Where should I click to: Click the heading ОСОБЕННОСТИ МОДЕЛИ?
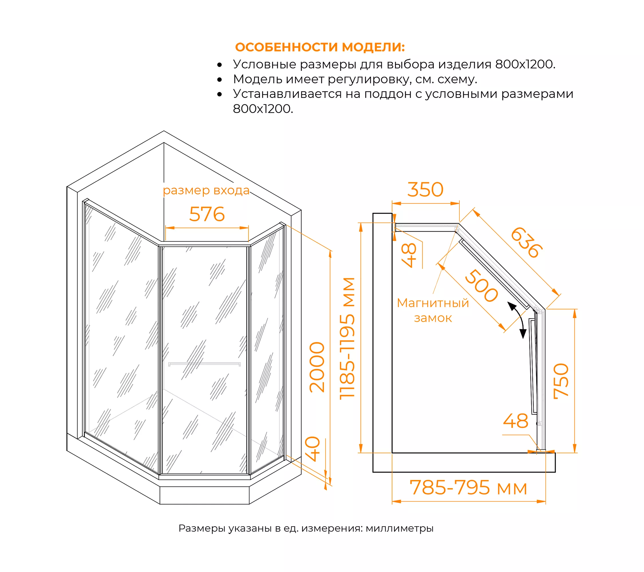point(320,47)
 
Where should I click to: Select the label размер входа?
point(206,190)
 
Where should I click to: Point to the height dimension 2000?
point(317,367)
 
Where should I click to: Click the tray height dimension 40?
point(313,449)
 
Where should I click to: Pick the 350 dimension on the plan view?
point(425,190)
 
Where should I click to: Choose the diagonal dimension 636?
point(526,243)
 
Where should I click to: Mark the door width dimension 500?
point(481,285)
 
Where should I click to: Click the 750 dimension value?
point(561,381)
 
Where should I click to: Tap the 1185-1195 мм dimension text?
point(347,338)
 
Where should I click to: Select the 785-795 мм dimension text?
point(468,488)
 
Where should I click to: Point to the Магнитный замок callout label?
point(433,310)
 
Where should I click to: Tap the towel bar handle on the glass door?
point(204,364)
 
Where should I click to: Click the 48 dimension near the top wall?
point(409,255)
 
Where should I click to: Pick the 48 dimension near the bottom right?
point(516,421)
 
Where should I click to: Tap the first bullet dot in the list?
point(220,65)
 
